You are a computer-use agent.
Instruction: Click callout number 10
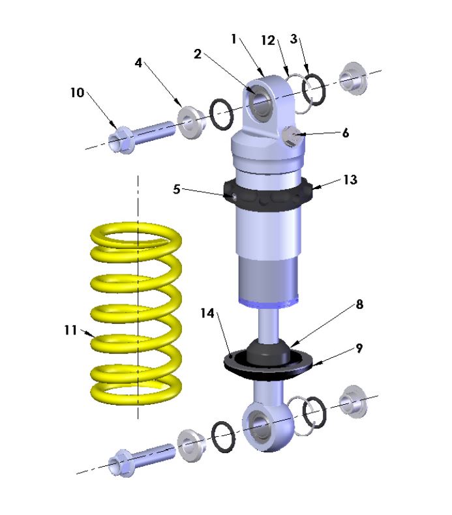coord(78,93)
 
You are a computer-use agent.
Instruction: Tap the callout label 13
coord(350,180)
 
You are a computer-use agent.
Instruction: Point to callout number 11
coord(71,331)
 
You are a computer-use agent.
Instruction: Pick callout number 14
coord(207,314)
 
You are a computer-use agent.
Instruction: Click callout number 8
coord(359,304)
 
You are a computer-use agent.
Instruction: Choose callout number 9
coord(359,349)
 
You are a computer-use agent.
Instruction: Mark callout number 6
coord(346,133)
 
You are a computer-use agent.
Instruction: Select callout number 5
coord(176,190)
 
